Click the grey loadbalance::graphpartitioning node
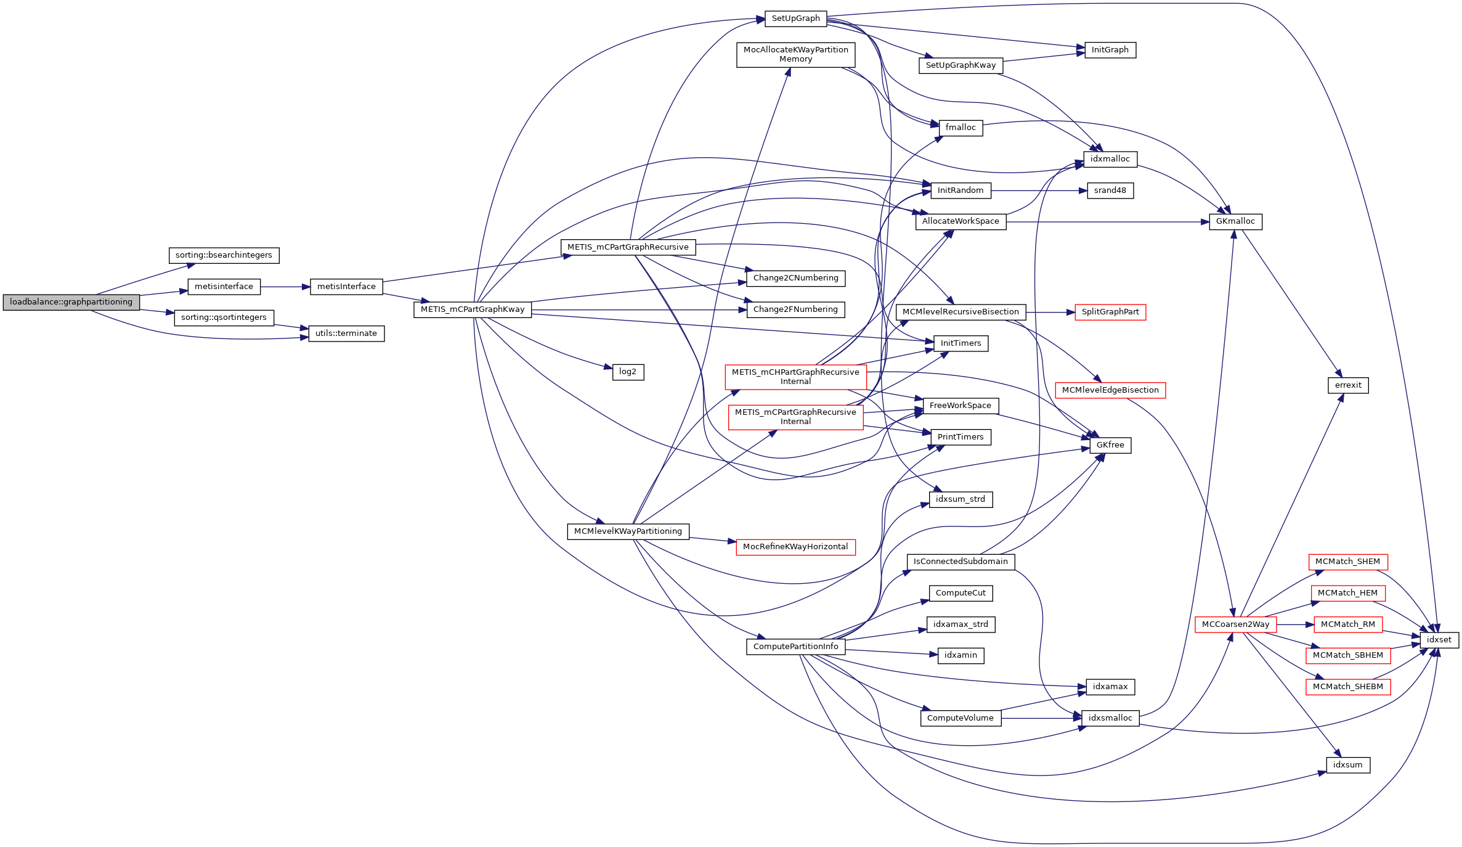[x=71, y=302]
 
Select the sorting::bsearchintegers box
[x=224, y=255]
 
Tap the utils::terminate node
[x=346, y=333]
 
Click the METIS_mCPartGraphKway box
[x=473, y=309]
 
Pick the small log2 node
[x=628, y=372]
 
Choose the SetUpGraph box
[x=795, y=18]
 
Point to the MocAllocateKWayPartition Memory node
[x=795, y=55]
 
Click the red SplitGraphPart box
[x=1110, y=312]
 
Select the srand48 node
[x=1110, y=190]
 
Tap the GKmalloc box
[x=1236, y=221]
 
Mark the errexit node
[x=1348, y=385]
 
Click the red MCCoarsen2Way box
[x=1235, y=624]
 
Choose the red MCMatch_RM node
[x=1347, y=624]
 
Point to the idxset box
[x=1439, y=640]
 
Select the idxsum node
[x=1347, y=765]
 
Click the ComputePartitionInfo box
[x=795, y=647]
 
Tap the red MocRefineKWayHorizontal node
[x=795, y=547]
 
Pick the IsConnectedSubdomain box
[x=960, y=562]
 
